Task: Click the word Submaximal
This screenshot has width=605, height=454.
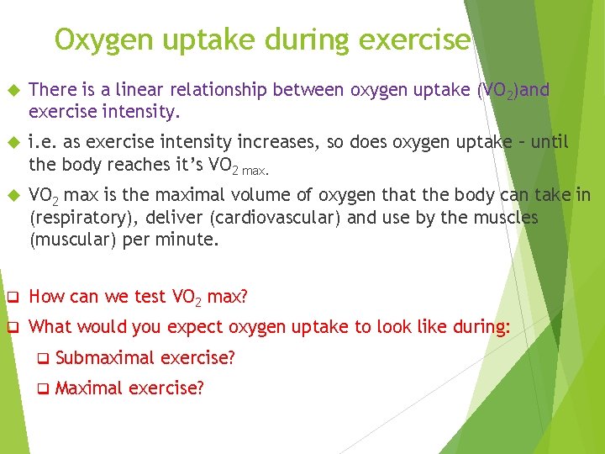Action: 105,358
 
